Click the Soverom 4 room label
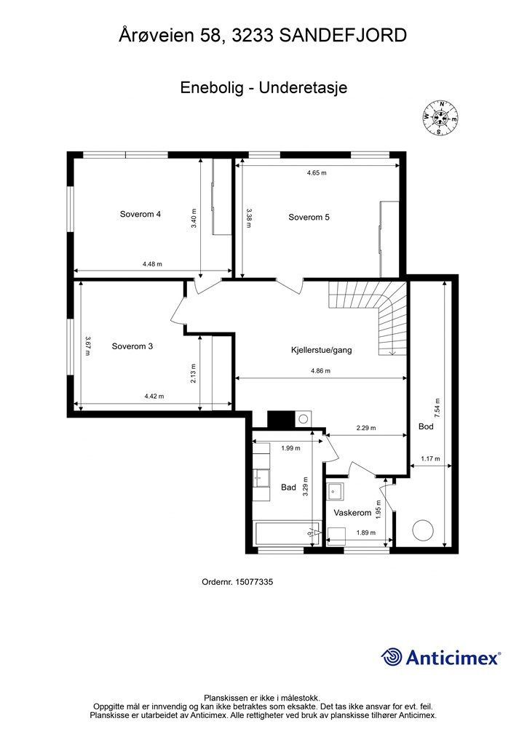140,215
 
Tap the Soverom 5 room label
309,218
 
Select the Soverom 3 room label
132,346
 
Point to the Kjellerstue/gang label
321,351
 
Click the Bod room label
426,426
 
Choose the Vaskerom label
352,513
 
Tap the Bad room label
288,487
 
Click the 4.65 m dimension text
317,173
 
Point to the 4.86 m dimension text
320,371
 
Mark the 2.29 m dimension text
366,428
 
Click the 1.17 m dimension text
430,459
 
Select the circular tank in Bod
422,530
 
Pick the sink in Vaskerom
336,491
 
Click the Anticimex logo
441,658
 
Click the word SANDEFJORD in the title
343,36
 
